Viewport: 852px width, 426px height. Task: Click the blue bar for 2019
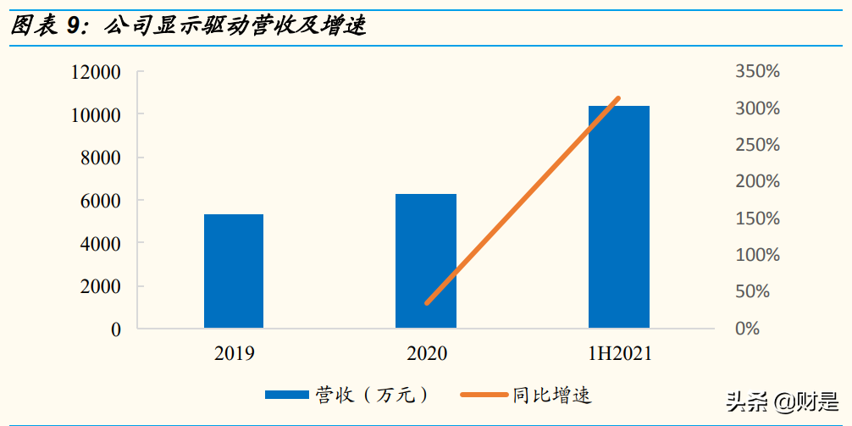tap(234, 271)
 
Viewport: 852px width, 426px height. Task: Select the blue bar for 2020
tap(426, 261)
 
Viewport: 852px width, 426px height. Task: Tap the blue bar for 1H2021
tap(619, 217)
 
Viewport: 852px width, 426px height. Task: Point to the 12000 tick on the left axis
tap(95, 72)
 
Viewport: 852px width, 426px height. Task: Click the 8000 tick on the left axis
tap(102, 158)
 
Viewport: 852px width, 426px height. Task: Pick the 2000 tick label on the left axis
tap(102, 286)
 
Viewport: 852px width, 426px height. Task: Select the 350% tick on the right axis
tap(757, 72)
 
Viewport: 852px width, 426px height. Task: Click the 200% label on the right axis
tap(757, 181)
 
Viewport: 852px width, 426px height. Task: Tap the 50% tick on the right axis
tap(752, 291)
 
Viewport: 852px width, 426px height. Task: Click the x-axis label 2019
tap(234, 353)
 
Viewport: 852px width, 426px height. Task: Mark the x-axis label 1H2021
tap(619, 353)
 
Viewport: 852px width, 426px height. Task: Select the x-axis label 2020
tap(426, 353)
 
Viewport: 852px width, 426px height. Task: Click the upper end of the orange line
tap(619, 99)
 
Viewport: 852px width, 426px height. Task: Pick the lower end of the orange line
tap(427, 302)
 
